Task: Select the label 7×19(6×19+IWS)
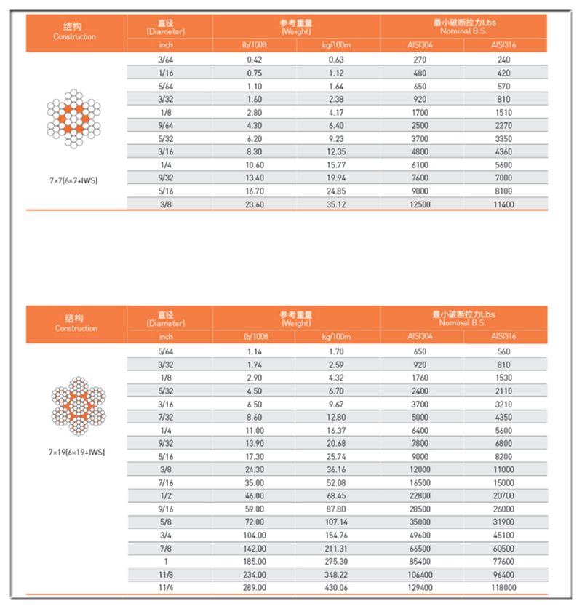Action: [76, 452]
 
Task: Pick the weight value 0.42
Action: [255, 59]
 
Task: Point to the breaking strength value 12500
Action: [421, 204]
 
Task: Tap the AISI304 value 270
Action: [421, 59]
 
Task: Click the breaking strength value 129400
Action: [421, 586]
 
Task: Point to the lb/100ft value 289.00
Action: [255, 586]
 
